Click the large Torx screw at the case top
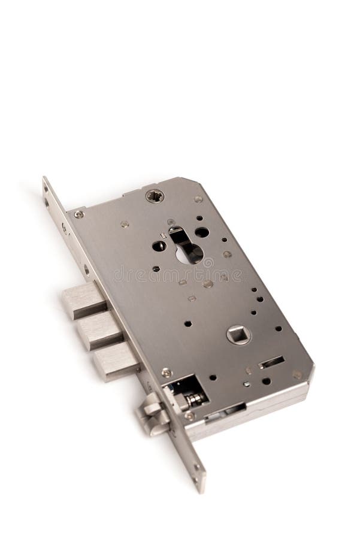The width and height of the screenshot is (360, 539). click(155, 196)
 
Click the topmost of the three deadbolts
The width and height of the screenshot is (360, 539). click(84, 300)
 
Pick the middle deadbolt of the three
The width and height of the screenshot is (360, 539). click(99, 330)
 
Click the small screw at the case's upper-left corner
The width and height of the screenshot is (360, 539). click(79, 214)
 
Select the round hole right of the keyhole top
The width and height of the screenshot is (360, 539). click(202, 232)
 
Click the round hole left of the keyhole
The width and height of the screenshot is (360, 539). click(159, 246)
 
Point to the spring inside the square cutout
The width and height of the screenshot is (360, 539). click(193, 398)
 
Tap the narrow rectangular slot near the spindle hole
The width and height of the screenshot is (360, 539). click(272, 362)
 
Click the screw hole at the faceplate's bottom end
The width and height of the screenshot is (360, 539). click(196, 479)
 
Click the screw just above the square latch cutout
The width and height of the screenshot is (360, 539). click(166, 373)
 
